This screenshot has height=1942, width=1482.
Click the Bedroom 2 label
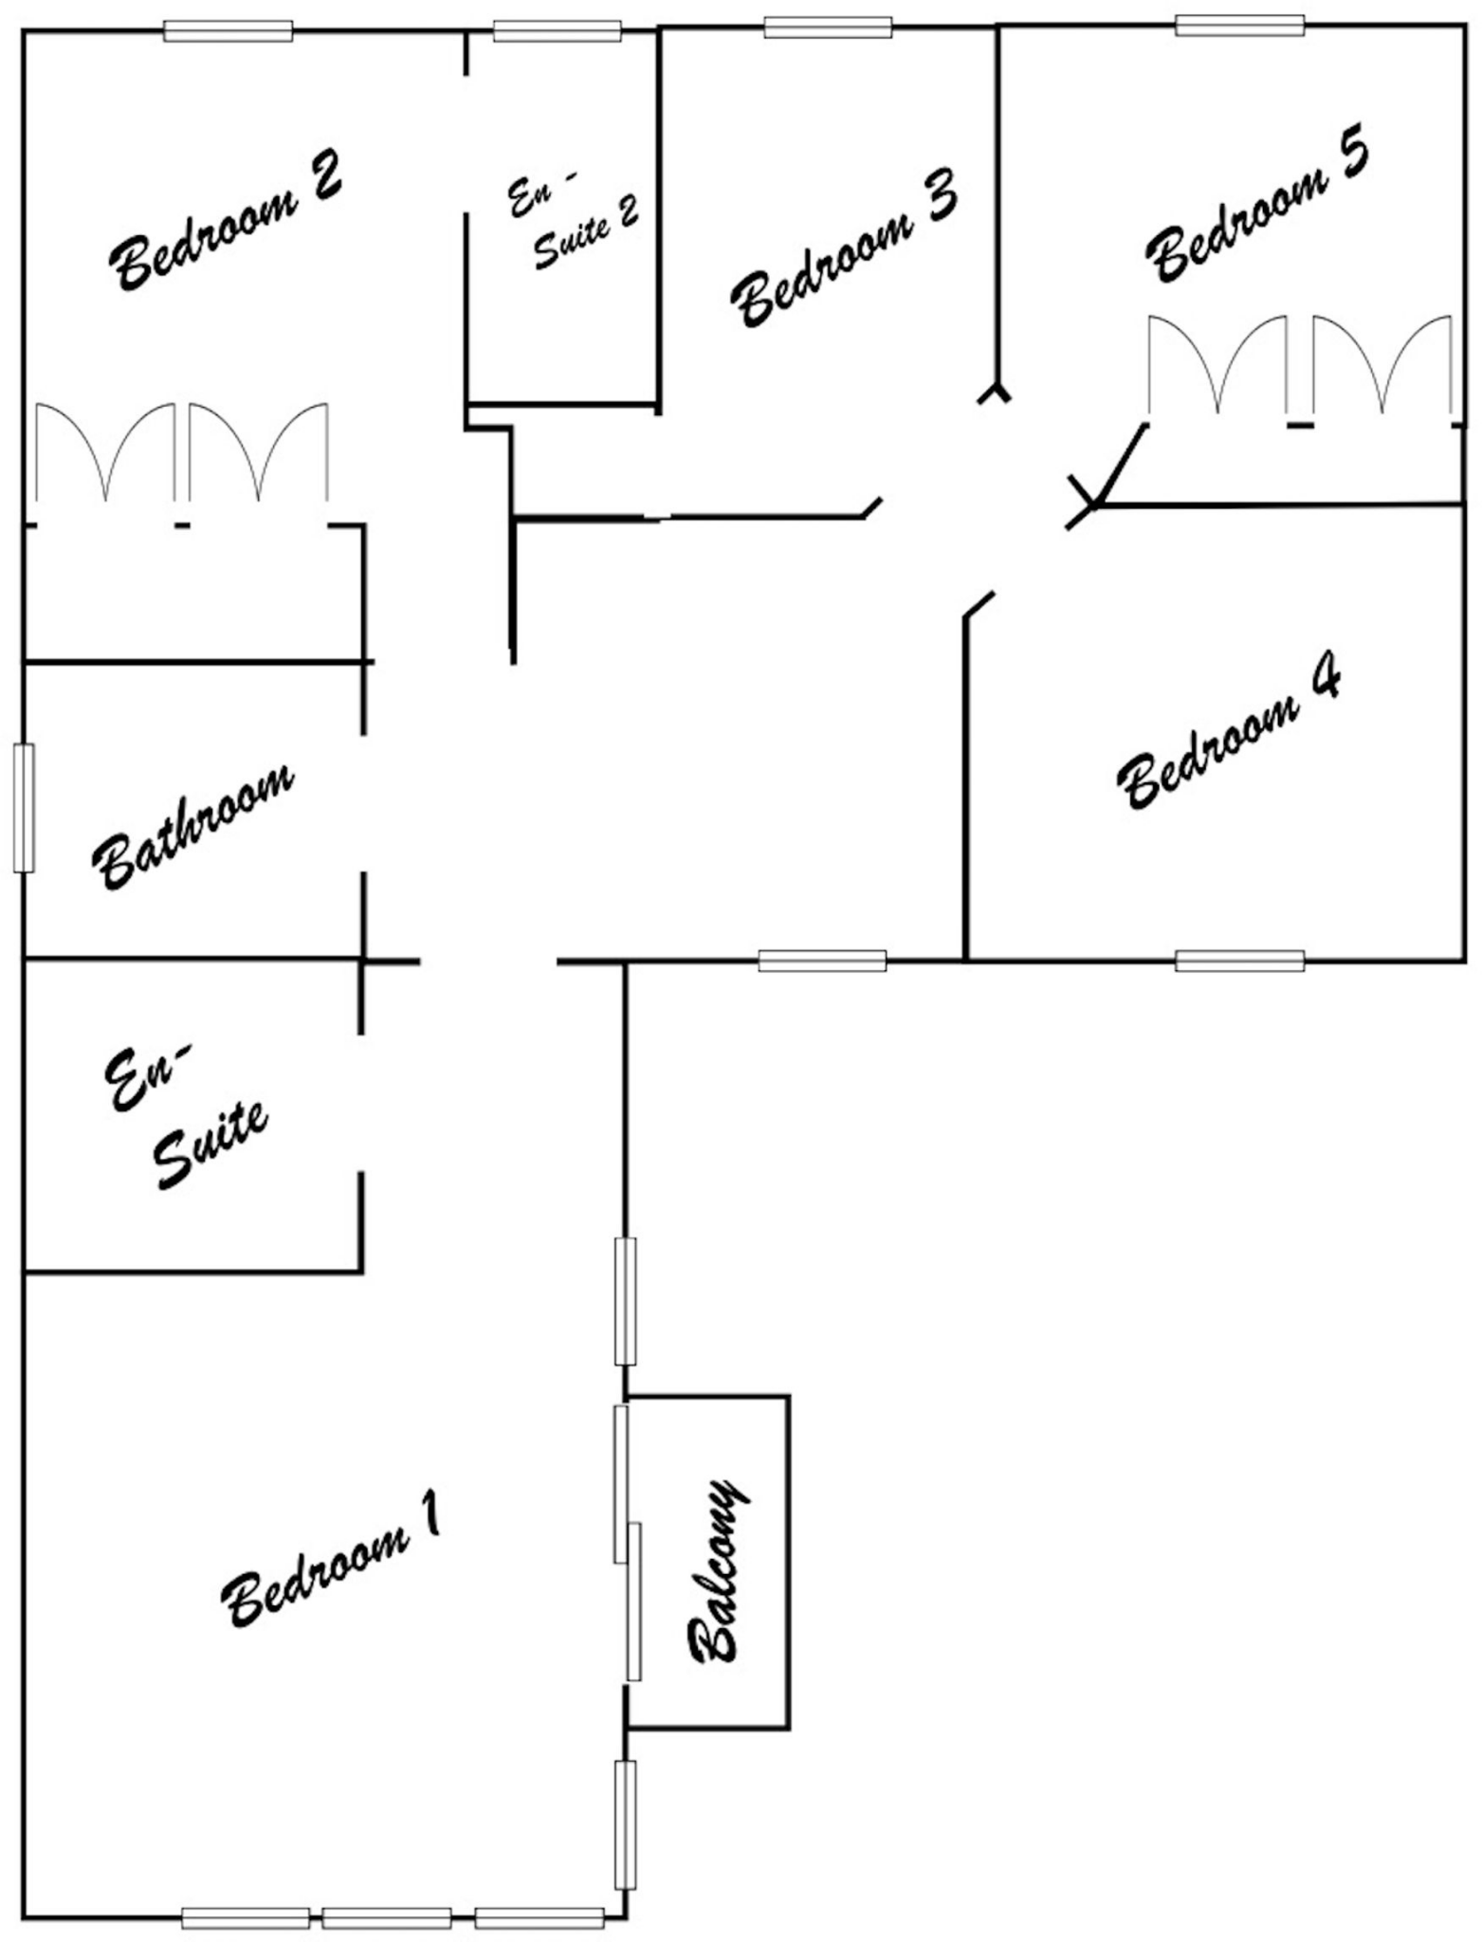click(x=226, y=220)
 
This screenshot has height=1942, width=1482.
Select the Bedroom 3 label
click(x=844, y=248)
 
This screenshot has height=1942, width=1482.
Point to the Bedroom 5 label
click(x=1257, y=211)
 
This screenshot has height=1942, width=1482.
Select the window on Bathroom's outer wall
click(x=25, y=808)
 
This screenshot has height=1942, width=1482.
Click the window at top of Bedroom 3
click(x=828, y=27)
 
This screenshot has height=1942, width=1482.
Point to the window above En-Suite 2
click(x=558, y=31)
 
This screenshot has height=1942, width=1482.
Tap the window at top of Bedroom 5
click(x=1239, y=26)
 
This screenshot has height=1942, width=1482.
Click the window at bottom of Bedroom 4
click(x=1239, y=961)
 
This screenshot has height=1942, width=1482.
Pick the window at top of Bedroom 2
click(x=228, y=31)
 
